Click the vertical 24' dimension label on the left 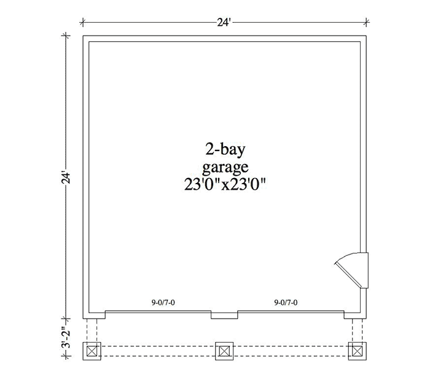[66, 177]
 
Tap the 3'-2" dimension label [66, 338]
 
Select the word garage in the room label [225, 168]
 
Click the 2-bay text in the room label [225, 150]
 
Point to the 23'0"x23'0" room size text [225, 184]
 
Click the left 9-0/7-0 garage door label [163, 303]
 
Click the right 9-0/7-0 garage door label [286, 303]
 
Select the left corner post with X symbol [92, 351]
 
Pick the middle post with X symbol [224, 351]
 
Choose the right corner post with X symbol [358, 351]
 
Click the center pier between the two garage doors [224, 315]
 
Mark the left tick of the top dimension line [83, 23]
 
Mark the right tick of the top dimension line [366, 23]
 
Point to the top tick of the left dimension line [66, 36]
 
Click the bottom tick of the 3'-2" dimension [66, 357]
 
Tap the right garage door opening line [291, 311]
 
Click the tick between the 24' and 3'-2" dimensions [66, 319]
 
